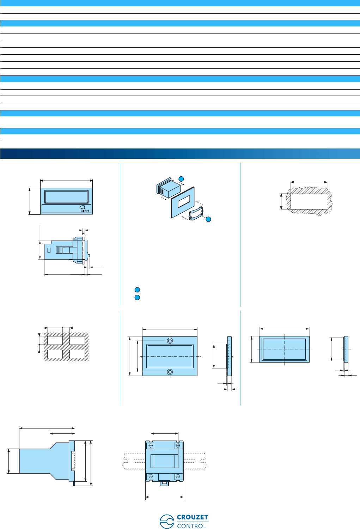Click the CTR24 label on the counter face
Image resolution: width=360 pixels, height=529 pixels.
tap(85, 211)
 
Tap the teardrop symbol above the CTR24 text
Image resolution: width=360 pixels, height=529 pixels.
tap(83, 207)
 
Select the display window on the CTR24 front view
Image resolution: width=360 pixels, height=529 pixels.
tap(66, 197)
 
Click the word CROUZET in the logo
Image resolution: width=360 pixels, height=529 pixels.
tap(193, 517)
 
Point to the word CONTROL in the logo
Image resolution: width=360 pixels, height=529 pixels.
tap(191, 526)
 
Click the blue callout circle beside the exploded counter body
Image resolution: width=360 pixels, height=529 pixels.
tap(181, 179)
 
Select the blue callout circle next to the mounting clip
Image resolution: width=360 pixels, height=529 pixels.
tap(208, 219)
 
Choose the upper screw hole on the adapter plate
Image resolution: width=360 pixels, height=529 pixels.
tap(170, 341)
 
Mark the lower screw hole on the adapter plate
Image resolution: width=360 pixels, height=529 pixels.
tap(170, 372)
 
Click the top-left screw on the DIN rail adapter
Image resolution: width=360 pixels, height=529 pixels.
tap(151, 446)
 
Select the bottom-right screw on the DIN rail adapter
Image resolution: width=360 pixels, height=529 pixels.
tap(178, 476)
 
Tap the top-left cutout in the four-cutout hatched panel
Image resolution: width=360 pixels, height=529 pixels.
tap(55, 340)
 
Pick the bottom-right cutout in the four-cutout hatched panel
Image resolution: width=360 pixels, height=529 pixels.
tap(77, 354)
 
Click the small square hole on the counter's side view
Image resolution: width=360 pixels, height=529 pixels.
tap(49, 250)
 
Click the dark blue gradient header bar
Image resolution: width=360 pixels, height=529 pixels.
tap(180, 153)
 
